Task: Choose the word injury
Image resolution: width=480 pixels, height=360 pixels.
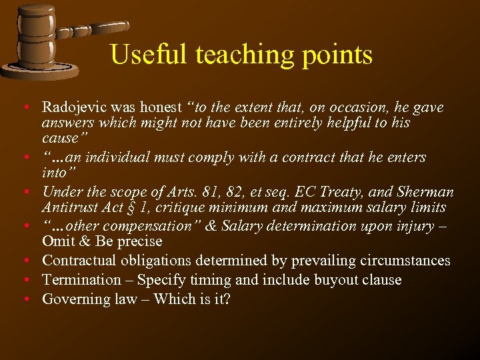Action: coord(412,227)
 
